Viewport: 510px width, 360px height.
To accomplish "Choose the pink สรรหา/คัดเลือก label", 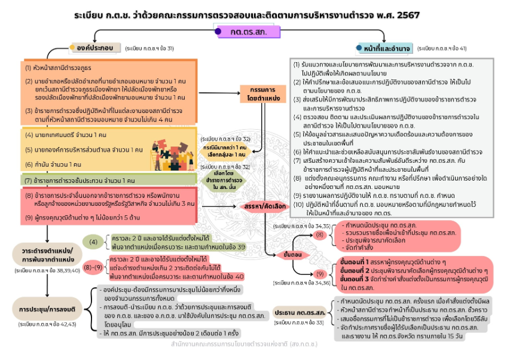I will coord(260,206).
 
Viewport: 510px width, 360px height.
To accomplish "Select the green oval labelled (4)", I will coord(93,242).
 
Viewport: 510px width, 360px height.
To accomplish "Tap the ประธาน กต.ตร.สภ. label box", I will coord(300,313).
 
